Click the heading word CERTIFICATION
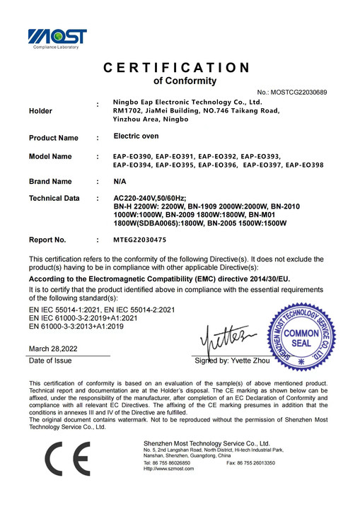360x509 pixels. pos(177,68)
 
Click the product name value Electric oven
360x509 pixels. pos(136,136)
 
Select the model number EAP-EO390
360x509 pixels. pos(132,156)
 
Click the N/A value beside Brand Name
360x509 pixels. pos(121,182)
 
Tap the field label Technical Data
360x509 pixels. pos(54,199)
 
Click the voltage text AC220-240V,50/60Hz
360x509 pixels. pos(148,199)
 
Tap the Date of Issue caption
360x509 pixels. pos(50,361)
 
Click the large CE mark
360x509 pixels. pos(68,463)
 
